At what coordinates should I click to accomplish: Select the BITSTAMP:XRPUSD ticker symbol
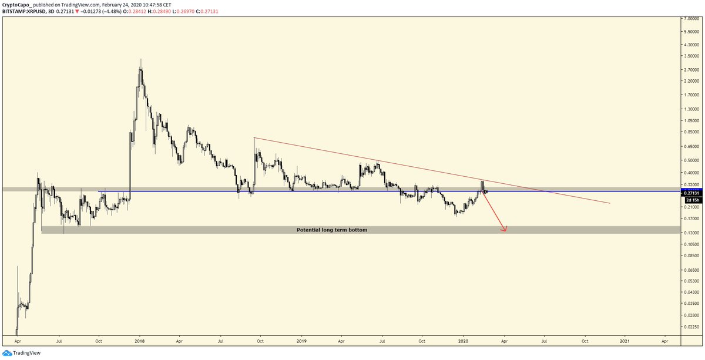[26, 11]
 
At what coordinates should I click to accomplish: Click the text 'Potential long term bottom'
[332, 230]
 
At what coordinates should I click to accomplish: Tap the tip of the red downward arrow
[505, 231]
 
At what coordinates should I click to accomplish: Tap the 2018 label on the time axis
[139, 340]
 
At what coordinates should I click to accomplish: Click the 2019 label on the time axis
[301, 340]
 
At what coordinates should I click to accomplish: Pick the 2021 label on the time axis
[625, 340]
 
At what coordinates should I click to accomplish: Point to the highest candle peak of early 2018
[140, 60]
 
